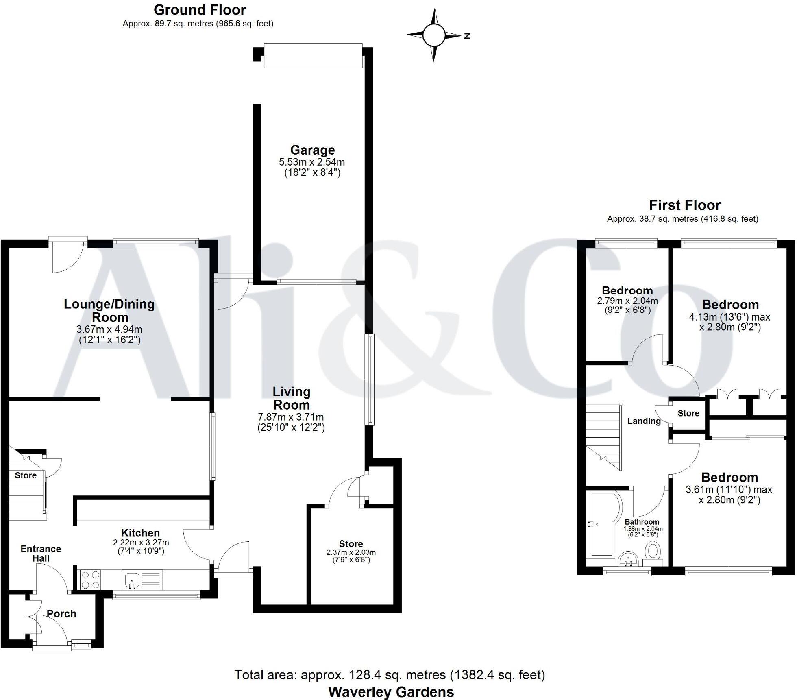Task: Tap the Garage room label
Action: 312,150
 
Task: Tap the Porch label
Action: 61,614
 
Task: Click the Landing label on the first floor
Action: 644,421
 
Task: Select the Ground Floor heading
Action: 200,10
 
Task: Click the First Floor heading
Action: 685,205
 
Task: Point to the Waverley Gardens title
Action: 391,692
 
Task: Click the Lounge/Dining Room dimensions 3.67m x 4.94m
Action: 110,329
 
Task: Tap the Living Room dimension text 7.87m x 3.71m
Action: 291,417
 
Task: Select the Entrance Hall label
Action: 41,554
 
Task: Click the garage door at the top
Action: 313,55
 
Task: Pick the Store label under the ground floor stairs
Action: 26,475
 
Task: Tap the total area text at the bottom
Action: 390,675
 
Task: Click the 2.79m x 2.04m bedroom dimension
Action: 627,301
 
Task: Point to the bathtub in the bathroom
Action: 604,525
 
